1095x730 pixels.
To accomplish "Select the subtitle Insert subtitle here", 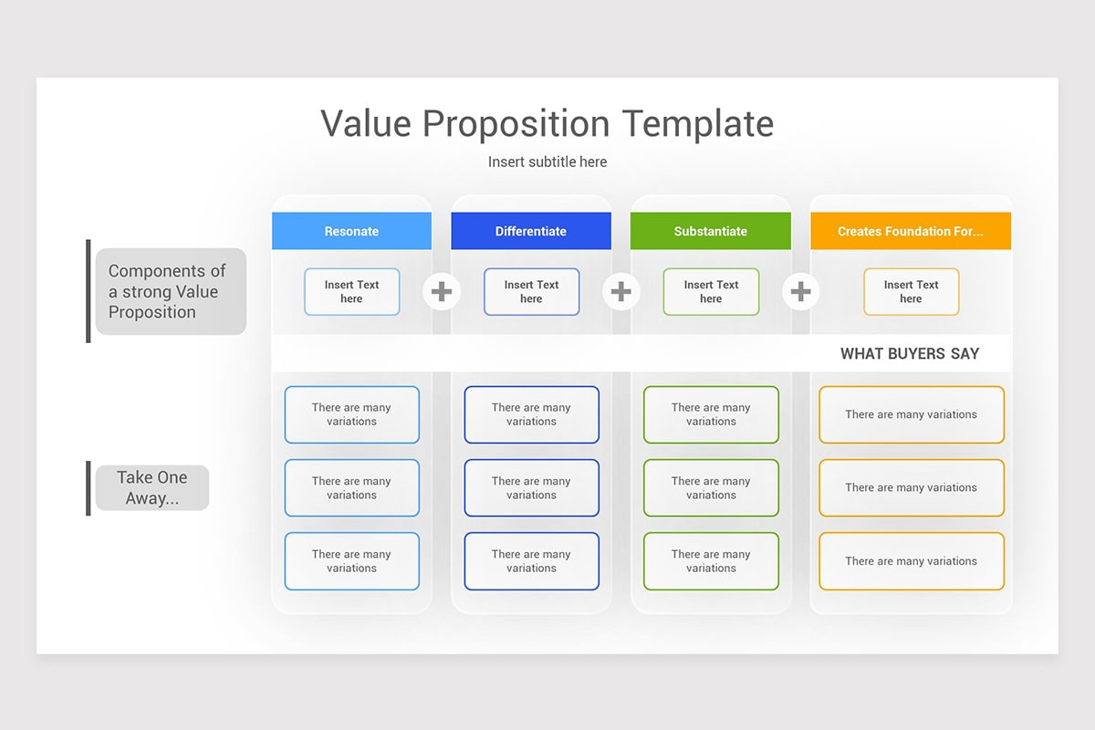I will [x=547, y=162].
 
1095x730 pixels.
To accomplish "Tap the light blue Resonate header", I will [x=351, y=231].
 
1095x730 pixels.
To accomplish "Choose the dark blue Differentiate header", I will [x=530, y=231].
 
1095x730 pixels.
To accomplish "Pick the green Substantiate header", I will [x=710, y=231].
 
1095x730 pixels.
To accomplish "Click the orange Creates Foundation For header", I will [x=910, y=231].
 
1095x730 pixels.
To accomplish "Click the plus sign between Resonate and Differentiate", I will [x=442, y=291].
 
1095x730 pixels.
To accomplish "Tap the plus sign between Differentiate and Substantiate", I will [x=620, y=291].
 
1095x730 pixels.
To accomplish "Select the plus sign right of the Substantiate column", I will [x=800, y=291].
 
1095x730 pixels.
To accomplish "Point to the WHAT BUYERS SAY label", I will [x=909, y=353].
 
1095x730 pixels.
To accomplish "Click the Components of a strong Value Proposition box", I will [x=171, y=291].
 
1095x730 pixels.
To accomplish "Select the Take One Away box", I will [x=152, y=487].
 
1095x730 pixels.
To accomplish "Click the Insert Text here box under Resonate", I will [x=351, y=292].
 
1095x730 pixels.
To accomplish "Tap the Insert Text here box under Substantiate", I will [x=711, y=292].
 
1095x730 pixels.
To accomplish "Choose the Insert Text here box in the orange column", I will [x=911, y=292].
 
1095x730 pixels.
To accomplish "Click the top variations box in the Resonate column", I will [x=351, y=414].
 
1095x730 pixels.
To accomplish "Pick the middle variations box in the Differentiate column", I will [x=531, y=487].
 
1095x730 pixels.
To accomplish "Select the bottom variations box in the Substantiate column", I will [x=711, y=561].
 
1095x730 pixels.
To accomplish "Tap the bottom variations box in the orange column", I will [x=911, y=561].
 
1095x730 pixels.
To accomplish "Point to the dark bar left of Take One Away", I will [x=89, y=487].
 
